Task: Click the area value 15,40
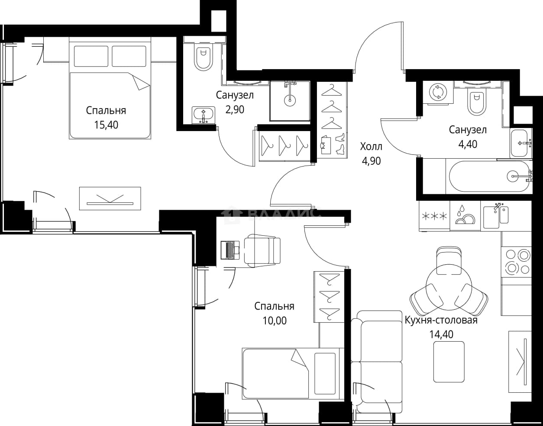pyautogui.click(x=106, y=125)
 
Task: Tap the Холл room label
pyautogui.click(x=371, y=147)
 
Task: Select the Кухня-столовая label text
pyautogui.click(x=441, y=320)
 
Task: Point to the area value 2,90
pyautogui.click(x=235, y=109)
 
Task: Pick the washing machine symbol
pyautogui.click(x=438, y=93)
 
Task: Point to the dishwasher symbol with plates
pyautogui.click(x=465, y=216)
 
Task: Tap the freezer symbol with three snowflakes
pyautogui.click(x=434, y=216)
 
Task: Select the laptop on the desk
pyautogui.click(x=230, y=250)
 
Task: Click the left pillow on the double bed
pyautogui.click(x=91, y=56)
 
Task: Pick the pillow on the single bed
pyautogui.click(x=325, y=373)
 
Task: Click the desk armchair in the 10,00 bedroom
pyautogui.click(x=262, y=250)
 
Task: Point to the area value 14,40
pyautogui.click(x=441, y=334)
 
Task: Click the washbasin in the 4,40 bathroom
pyautogui.click(x=521, y=143)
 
